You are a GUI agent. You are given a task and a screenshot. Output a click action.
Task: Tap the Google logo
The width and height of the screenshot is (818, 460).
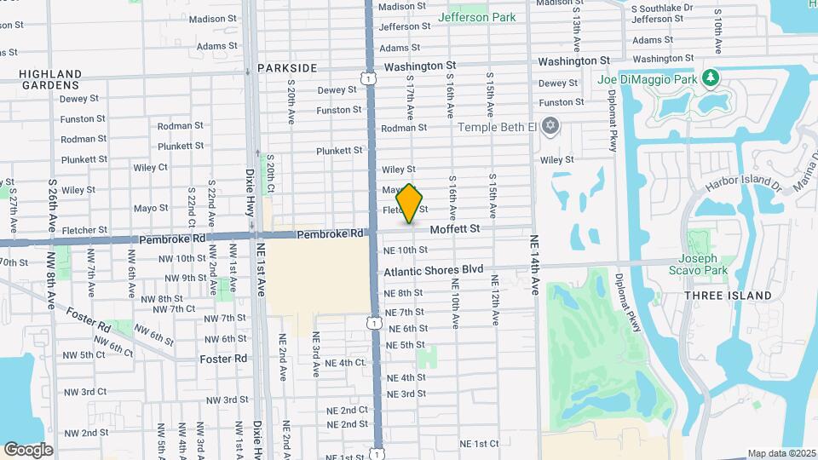[28, 449]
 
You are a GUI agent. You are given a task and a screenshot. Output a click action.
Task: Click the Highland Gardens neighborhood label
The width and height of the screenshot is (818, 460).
[50, 79]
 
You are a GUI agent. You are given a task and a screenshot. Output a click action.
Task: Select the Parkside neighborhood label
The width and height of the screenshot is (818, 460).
[286, 68]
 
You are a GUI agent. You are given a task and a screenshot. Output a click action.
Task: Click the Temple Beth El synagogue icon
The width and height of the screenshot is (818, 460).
[550, 127]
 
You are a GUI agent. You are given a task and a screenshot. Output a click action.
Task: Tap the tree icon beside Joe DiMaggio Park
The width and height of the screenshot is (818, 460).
[710, 79]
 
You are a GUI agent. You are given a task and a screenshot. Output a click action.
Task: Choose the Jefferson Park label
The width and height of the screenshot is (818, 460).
[476, 17]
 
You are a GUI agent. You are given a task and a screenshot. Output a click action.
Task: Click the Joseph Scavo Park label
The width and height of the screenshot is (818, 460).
[703, 265]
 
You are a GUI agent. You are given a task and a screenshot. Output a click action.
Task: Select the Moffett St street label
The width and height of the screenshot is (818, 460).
[455, 228]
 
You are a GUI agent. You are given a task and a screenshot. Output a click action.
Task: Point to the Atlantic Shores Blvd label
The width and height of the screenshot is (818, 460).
[433, 270]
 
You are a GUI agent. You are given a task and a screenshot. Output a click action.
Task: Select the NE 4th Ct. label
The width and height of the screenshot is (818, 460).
[345, 363]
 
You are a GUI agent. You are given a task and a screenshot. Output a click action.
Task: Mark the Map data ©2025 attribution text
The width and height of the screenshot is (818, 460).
[781, 453]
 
